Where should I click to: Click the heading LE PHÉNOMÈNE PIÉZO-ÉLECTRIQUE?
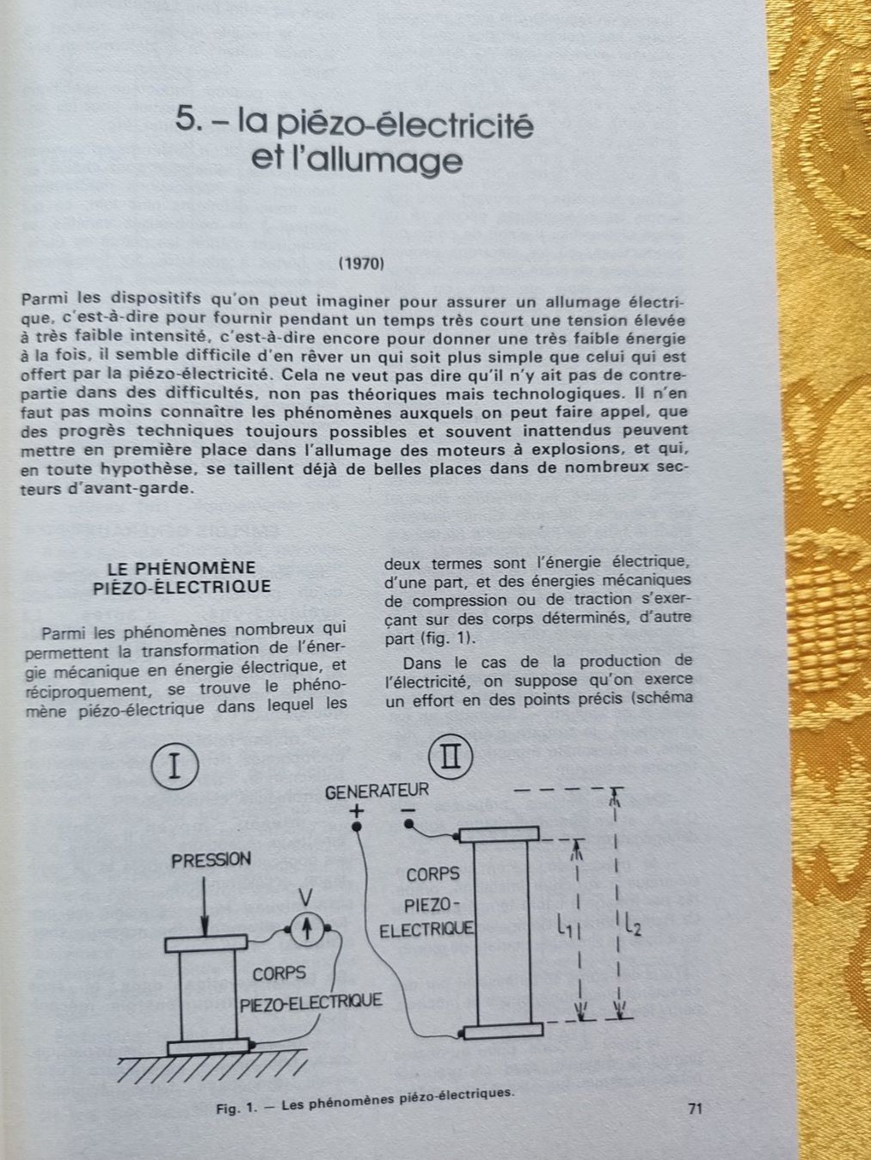(181, 577)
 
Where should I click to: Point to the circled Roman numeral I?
(175, 766)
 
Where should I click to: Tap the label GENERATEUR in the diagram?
(376, 791)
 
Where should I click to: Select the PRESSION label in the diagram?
(212, 859)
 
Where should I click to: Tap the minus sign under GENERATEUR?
(408, 810)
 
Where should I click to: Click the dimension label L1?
(565, 925)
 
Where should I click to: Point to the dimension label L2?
(632, 925)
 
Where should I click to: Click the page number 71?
(696, 1109)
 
